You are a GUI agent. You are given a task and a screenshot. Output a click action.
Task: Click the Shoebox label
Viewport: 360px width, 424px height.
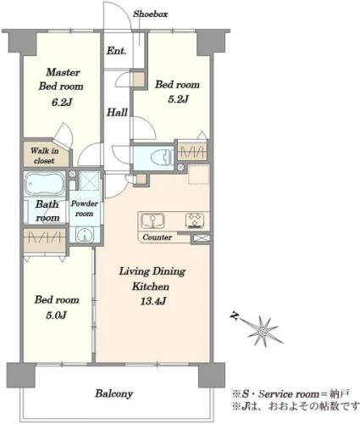coord(151,14)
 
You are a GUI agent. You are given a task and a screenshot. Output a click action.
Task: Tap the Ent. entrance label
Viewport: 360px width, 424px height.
coord(116,51)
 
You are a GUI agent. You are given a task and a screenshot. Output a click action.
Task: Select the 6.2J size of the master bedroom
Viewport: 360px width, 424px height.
coord(62,102)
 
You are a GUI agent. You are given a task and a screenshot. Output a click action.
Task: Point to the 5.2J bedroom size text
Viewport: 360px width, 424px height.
coord(178,99)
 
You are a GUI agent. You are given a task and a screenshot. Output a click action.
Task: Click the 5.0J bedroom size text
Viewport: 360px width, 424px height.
coord(56,315)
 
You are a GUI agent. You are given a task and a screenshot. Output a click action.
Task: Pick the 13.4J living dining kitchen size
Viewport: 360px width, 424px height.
coord(152,301)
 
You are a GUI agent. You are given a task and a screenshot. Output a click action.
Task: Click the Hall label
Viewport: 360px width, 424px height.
coord(117,113)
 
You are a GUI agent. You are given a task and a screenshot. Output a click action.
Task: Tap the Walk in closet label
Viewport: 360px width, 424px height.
coord(44,155)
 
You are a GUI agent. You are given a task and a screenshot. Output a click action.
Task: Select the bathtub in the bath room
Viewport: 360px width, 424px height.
coord(45,184)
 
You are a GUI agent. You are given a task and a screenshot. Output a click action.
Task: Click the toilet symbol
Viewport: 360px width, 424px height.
coord(162,158)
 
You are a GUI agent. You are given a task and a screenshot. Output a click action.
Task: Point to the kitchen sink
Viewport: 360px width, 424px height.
coord(152,220)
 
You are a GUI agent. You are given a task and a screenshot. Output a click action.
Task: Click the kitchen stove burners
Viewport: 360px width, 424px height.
coord(195,220)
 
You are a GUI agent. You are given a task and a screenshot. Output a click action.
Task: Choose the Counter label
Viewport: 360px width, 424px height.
coord(157,237)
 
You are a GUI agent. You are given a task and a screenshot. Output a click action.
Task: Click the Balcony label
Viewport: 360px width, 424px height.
coord(114,393)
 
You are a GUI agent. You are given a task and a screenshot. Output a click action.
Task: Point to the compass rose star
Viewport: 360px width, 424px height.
coord(263,331)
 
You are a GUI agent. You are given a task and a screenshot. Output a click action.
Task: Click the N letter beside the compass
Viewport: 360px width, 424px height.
coord(234,315)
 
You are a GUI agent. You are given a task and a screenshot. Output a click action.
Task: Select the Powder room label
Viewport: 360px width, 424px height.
coord(84,209)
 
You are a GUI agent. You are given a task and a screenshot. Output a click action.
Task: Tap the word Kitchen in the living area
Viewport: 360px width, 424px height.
coord(151,287)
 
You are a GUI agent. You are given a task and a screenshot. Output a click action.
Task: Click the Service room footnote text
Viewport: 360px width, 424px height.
coord(291,393)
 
